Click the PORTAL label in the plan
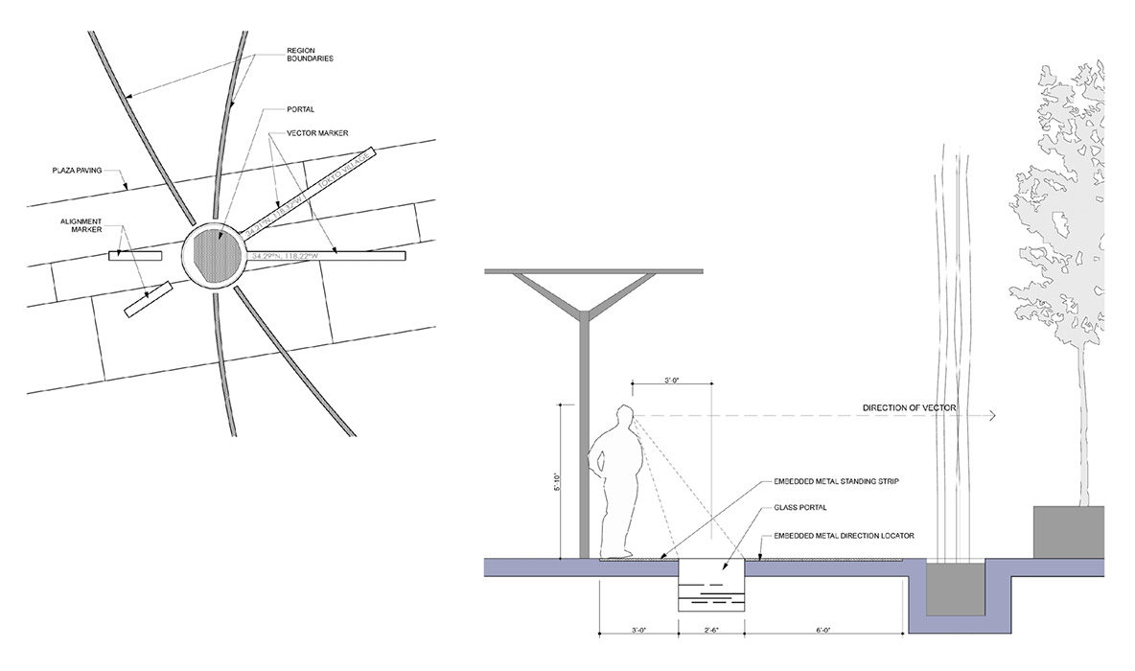299,109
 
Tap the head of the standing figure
626,417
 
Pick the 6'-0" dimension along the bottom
824,630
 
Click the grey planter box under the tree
1068,531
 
